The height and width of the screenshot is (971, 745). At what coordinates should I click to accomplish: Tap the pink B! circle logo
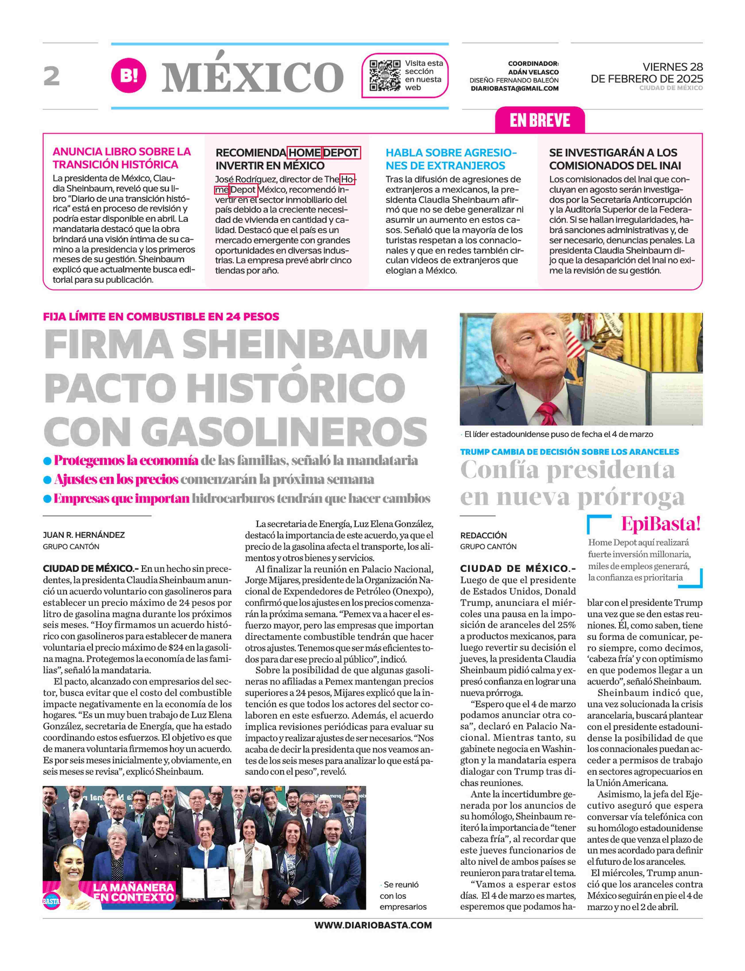129,76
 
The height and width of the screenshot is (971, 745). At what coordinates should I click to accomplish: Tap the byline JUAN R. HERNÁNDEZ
84,535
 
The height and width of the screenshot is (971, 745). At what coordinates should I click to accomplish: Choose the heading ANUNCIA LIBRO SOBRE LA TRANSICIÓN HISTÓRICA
122,158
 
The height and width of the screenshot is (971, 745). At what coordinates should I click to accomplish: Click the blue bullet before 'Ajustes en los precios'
47,480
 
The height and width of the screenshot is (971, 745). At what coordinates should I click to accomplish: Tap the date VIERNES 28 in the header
672,67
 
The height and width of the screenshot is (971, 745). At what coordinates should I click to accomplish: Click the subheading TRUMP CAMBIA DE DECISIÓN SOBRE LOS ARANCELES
569,452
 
